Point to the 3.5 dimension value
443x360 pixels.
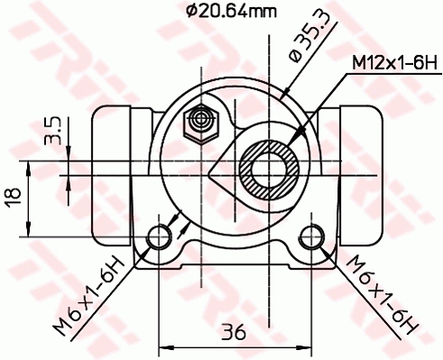pos(52,130)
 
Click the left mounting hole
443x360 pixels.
pos(160,237)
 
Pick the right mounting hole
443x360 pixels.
pos(312,237)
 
